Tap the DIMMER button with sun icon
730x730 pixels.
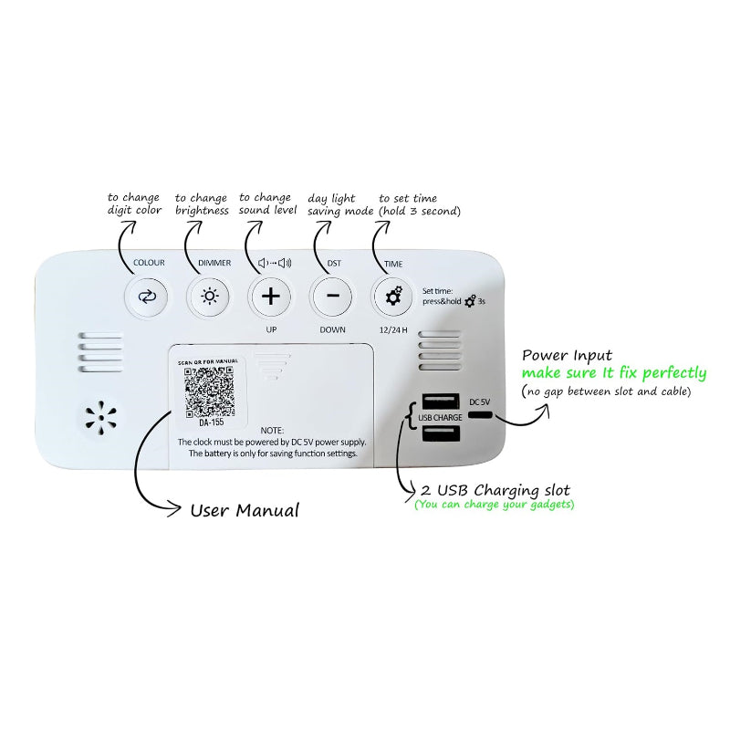(210, 296)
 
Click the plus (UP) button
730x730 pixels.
(271, 296)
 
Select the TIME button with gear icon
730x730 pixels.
(392, 296)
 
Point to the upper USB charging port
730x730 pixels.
(441, 401)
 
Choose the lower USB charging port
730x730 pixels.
(441, 435)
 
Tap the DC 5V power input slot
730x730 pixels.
(480, 415)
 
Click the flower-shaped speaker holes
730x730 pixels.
(102, 415)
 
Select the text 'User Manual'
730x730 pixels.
(244, 509)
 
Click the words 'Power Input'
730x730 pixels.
(567, 355)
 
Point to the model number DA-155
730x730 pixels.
(211, 422)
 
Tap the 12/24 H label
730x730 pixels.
(393, 328)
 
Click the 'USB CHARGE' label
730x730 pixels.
(440, 418)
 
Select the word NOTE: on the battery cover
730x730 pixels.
(272, 429)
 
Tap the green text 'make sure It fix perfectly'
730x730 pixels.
(613, 373)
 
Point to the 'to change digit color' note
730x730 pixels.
(133, 203)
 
